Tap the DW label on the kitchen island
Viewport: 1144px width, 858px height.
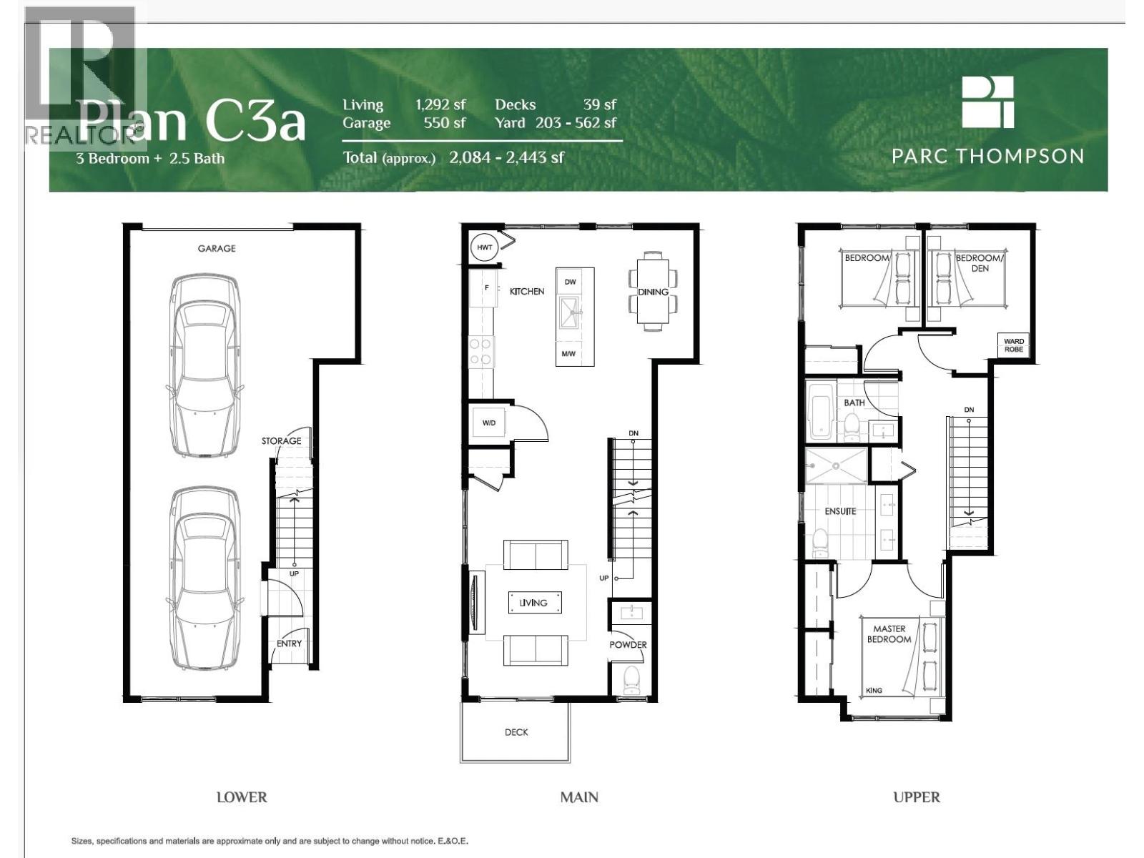pos(570,282)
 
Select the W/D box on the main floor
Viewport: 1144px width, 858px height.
pos(488,423)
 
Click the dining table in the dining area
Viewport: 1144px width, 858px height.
pos(652,290)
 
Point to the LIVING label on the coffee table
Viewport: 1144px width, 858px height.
pos(533,603)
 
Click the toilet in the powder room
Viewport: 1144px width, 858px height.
pos(631,680)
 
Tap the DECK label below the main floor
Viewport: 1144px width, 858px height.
pos(516,732)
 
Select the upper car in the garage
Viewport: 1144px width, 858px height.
pos(204,365)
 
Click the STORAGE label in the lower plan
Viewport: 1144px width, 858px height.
pos(281,440)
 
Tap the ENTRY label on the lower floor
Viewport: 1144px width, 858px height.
pos(289,643)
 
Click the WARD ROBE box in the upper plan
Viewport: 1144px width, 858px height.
pos(1013,345)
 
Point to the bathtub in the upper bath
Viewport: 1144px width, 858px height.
pos(819,412)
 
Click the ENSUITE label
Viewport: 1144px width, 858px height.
pos(840,511)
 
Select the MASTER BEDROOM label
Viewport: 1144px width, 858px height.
pos(889,634)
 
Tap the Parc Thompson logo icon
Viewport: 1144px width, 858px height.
pos(987,102)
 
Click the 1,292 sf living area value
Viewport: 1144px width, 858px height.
pos(440,104)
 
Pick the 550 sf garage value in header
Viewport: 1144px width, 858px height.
pos(444,122)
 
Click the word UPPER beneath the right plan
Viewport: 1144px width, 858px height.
pos(916,797)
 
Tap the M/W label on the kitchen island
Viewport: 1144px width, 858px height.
pos(568,354)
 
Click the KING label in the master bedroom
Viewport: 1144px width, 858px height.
pos(874,691)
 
